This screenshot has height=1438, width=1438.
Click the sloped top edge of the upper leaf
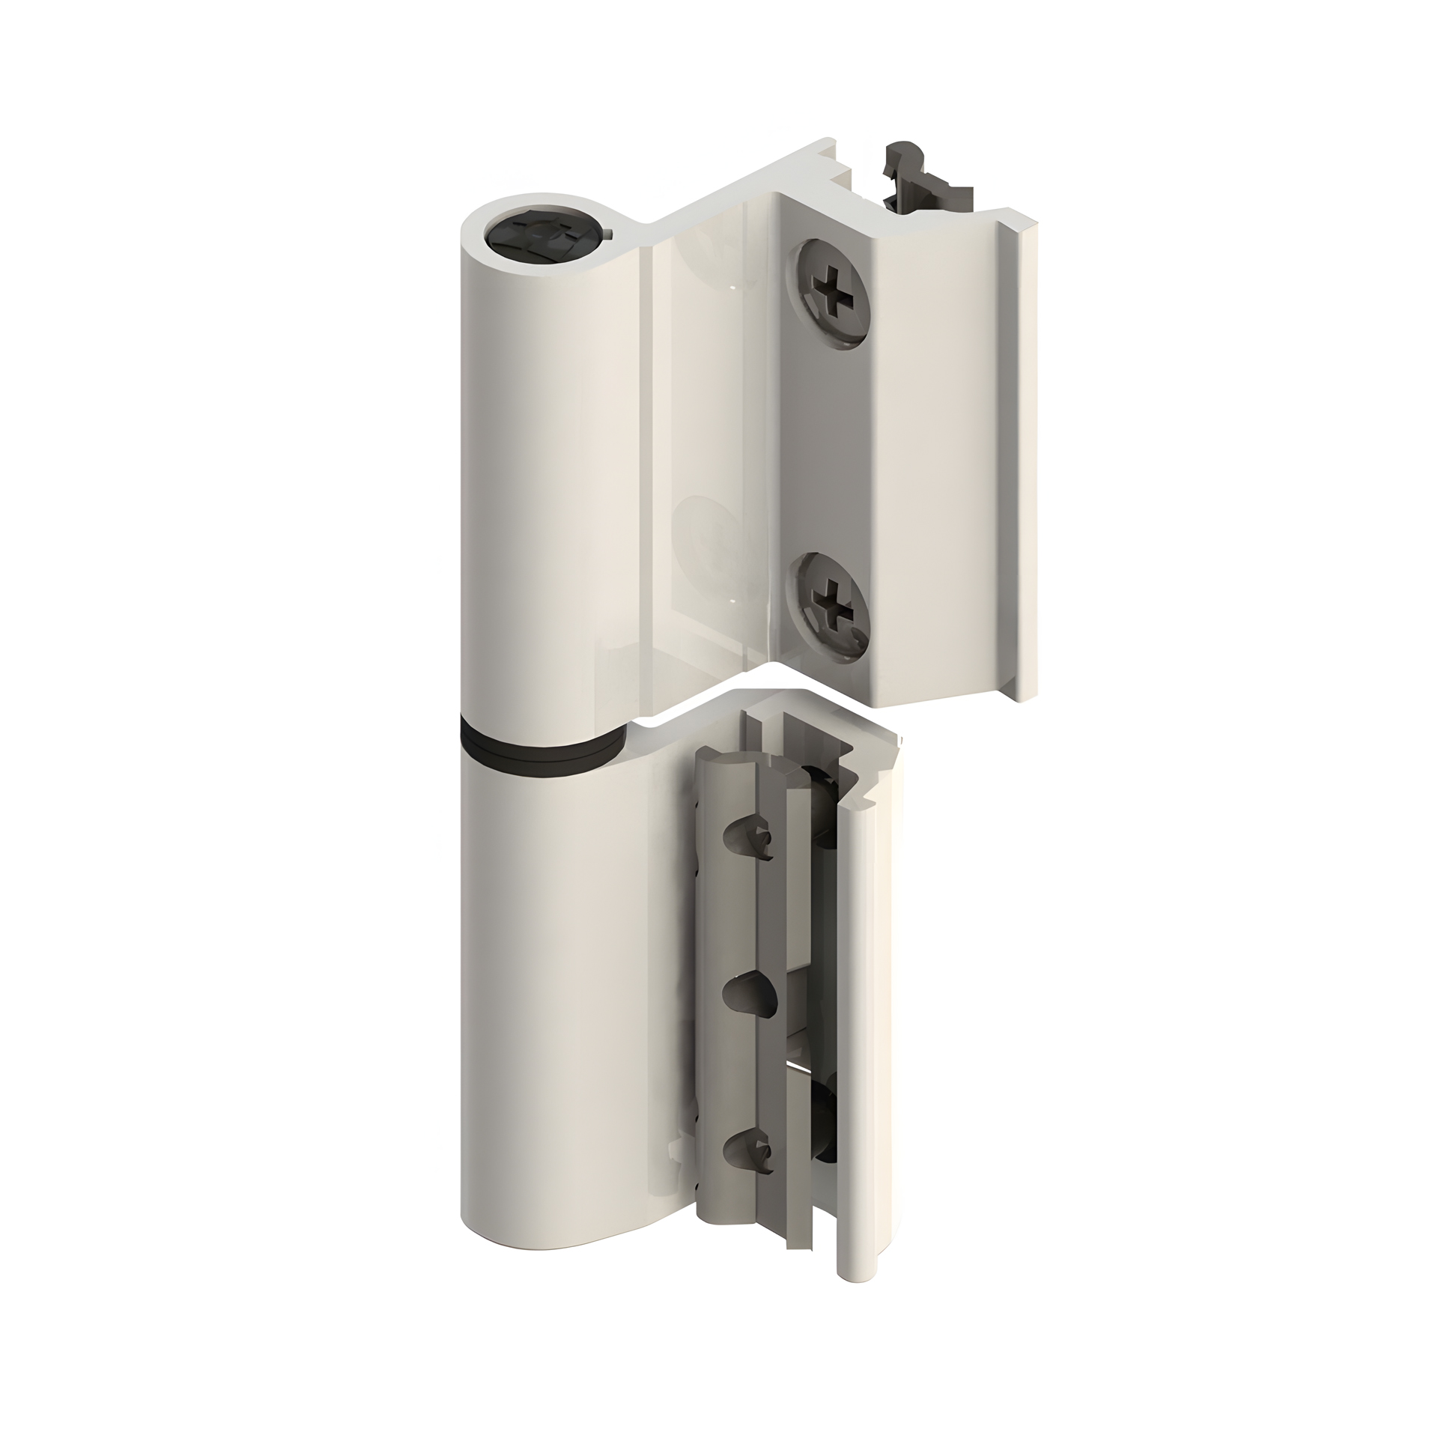[x=726, y=180]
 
